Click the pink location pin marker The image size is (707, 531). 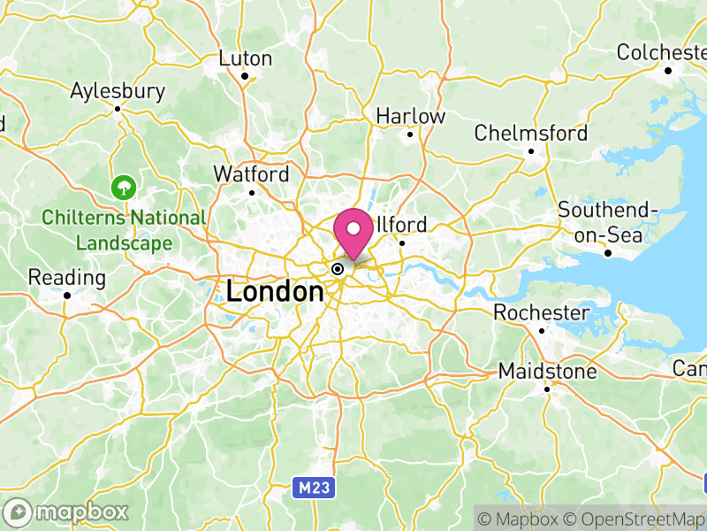pyautogui.click(x=354, y=232)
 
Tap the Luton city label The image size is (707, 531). pyautogui.click(x=246, y=58)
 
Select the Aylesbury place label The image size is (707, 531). pyautogui.click(x=118, y=91)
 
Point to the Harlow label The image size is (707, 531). pyautogui.click(x=411, y=116)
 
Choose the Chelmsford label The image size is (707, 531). pyautogui.click(x=530, y=134)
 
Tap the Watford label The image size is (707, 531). pyautogui.click(x=251, y=174)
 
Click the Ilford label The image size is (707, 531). pyautogui.click(x=403, y=224)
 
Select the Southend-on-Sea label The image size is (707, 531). pyautogui.click(x=608, y=223)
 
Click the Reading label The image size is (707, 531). pyautogui.click(x=67, y=278)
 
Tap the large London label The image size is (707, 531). pyautogui.click(x=275, y=291)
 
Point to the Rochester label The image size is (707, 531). pyautogui.click(x=541, y=313)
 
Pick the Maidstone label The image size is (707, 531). pyautogui.click(x=547, y=371)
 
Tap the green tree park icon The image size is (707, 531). pyautogui.click(x=122, y=187)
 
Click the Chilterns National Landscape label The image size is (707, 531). pyautogui.click(x=124, y=229)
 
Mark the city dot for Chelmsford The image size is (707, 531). pyautogui.click(x=531, y=151)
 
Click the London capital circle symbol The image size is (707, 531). pyautogui.click(x=338, y=268)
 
